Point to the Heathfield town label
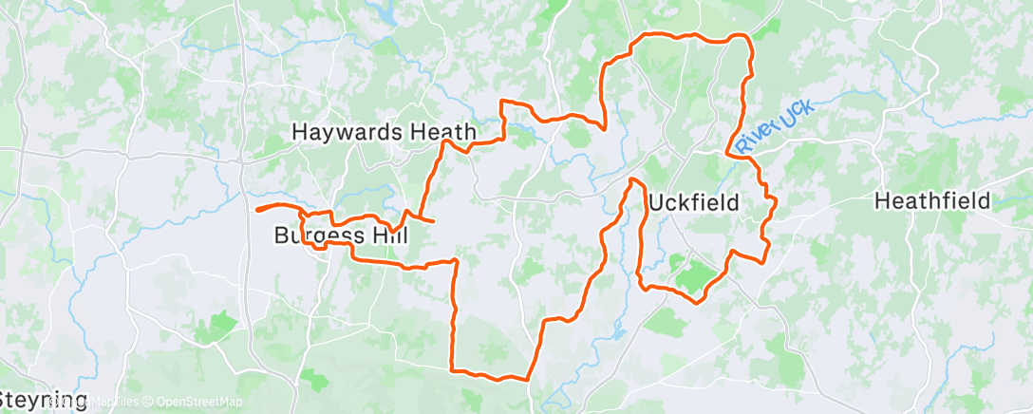(932, 201)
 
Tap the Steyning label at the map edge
(44, 399)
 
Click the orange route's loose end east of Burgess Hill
(434, 221)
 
